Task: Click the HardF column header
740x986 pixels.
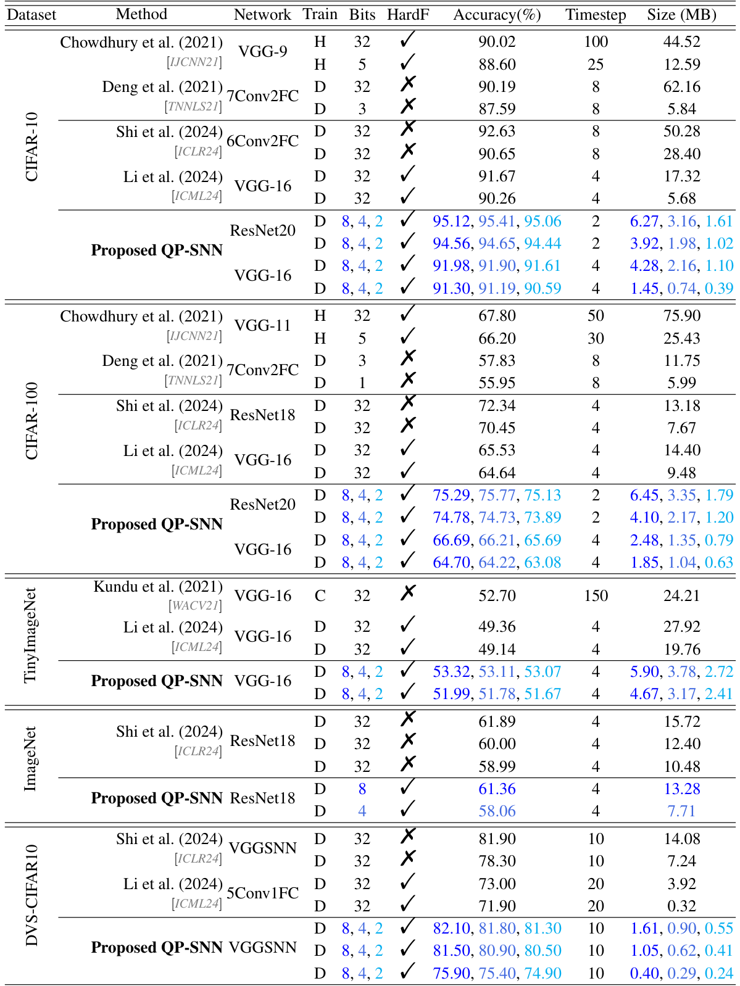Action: [407, 14]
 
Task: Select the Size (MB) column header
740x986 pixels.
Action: [681, 14]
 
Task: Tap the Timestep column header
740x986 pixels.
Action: [596, 14]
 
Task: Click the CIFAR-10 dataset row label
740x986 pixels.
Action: [31, 147]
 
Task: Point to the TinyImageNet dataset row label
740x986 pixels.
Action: [30, 636]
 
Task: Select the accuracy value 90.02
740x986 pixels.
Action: [497, 42]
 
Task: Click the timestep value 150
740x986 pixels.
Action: [596, 596]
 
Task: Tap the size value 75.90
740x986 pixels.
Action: [681, 316]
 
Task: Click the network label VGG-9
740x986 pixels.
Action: [262, 51]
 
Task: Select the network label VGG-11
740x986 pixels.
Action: [262, 325]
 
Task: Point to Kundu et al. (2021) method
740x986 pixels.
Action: [158, 587]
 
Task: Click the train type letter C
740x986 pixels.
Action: [320, 596]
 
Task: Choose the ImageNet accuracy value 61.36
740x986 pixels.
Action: [497, 789]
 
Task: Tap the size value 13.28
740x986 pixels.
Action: [681, 789]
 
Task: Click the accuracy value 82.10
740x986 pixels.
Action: [451, 929]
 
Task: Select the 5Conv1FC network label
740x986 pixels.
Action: [262, 893]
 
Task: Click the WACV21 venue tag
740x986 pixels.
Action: [195, 606]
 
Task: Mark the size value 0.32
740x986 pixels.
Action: [681, 906]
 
